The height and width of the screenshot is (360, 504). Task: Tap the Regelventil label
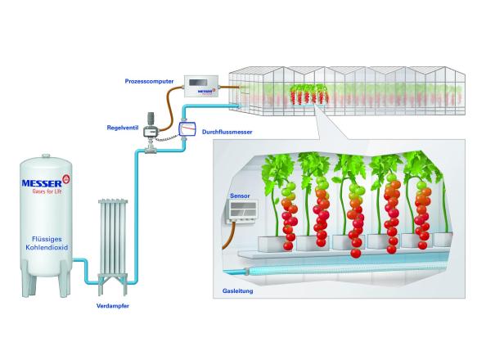point(122,128)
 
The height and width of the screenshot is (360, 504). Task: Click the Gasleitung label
point(236,290)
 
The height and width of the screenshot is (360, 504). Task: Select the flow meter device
point(187,128)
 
